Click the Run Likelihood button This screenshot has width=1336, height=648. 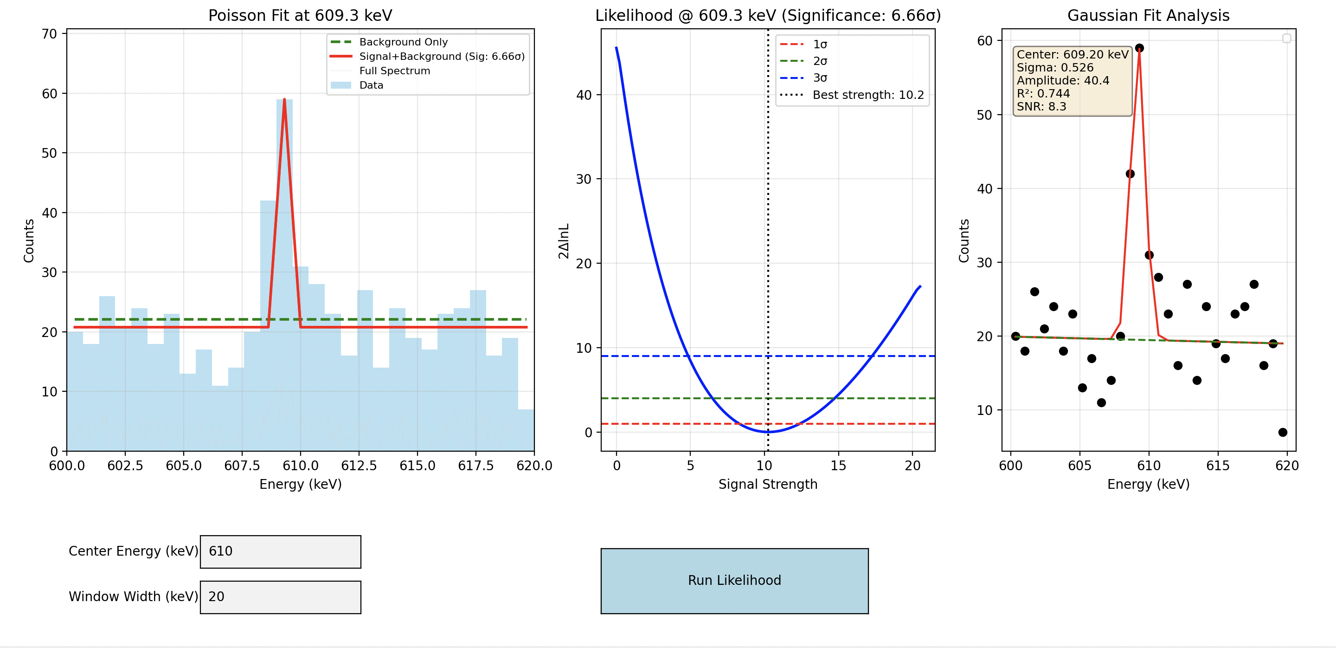tap(734, 581)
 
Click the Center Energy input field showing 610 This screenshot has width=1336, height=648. tap(280, 551)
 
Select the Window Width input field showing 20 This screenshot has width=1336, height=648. tap(280, 596)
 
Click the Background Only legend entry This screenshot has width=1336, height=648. tap(403, 42)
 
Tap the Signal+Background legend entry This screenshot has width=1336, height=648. tap(441, 57)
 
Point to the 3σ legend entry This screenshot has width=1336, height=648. tap(819, 78)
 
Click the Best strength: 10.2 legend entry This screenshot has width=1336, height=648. tap(867, 95)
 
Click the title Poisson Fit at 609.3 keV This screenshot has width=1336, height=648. tap(300, 16)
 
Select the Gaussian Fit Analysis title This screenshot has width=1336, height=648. tap(1148, 16)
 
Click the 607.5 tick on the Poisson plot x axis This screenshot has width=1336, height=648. tap(242, 466)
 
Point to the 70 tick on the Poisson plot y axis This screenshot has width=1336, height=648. tap(49, 34)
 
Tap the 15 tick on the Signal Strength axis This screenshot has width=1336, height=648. tap(838, 466)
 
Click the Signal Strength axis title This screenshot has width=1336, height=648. tap(768, 484)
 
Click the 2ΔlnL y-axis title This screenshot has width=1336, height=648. tap(564, 241)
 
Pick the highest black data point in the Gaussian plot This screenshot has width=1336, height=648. tap(1139, 48)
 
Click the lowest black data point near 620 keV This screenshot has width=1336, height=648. tap(1283, 432)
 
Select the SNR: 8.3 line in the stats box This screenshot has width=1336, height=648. tap(1041, 106)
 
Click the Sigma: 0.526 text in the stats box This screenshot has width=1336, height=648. tap(1054, 67)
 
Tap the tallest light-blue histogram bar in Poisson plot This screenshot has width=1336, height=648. tap(284, 259)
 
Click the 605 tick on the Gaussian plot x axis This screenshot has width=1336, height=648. tap(1079, 466)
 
